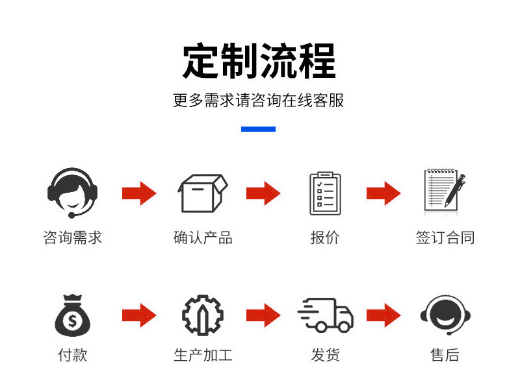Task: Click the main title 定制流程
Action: [x=259, y=61]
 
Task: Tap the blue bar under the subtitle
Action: [x=258, y=129]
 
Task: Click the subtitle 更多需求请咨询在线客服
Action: [x=258, y=101]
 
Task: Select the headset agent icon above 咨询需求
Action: [x=72, y=193]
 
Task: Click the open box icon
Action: [x=203, y=193]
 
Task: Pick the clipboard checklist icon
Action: [x=325, y=193]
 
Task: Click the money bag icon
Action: [x=72, y=315]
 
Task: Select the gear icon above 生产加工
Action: [x=203, y=315]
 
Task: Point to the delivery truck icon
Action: [x=325, y=315]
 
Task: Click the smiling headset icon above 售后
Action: [x=445, y=315]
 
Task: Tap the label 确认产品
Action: [x=203, y=237]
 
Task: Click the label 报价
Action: [x=325, y=237]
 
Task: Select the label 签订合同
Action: [x=445, y=237]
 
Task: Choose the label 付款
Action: [x=72, y=355]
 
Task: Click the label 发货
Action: [x=325, y=355]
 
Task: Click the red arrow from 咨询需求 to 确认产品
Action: [x=139, y=193]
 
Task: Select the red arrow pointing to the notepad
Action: [x=383, y=193]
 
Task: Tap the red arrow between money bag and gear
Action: [x=139, y=315]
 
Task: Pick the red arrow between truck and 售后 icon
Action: [x=383, y=315]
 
